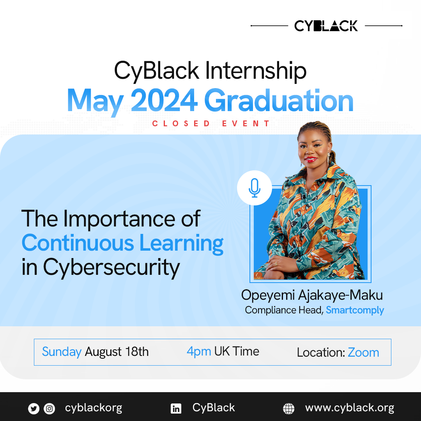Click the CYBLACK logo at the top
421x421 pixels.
tap(326, 26)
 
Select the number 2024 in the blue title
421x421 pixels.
tap(164, 100)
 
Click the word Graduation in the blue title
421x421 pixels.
tap(279, 100)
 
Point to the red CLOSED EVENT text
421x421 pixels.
tap(211, 124)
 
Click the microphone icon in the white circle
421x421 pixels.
tap(254, 188)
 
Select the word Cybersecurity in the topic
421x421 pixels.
tap(111, 267)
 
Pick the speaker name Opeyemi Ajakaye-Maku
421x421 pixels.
tap(312, 295)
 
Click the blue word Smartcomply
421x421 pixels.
tap(355, 310)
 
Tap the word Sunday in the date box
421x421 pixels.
tap(62, 352)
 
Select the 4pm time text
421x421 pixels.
tap(199, 352)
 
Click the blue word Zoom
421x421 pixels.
tap(363, 352)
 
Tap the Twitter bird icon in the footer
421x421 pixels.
tap(34, 409)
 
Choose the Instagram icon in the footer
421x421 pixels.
tap(50, 409)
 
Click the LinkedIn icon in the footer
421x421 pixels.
tap(176, 409)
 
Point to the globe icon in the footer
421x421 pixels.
tap(288, 409)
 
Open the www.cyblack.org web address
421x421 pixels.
tap(350, 408)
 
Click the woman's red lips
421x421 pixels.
tap(311, 159)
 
